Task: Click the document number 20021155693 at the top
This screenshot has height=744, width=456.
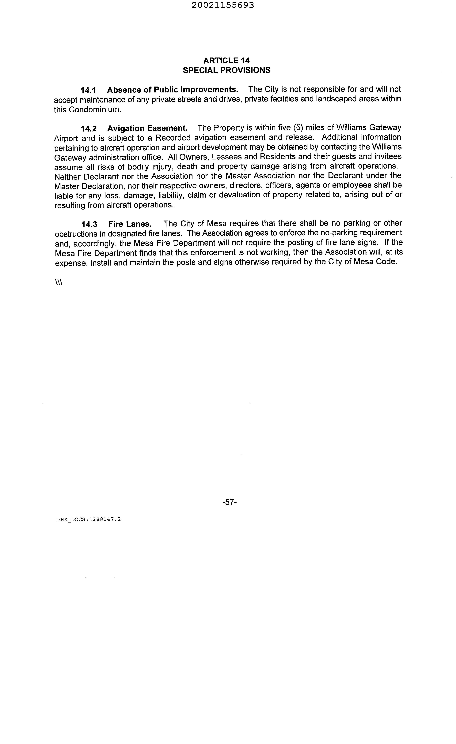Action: tap(223, 5)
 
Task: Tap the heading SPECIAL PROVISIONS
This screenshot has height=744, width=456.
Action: tap(226, 70)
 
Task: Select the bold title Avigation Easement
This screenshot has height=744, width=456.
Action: tap(147, 128)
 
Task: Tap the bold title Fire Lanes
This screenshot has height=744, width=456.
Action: tap(130, 224)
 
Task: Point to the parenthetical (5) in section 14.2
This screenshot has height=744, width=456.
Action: tap(298, 128)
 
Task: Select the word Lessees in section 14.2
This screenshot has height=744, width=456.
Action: tap(226, 157)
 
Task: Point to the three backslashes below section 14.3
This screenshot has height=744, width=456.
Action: tap(59, 282)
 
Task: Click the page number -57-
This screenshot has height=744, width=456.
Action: tap(229, 502)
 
